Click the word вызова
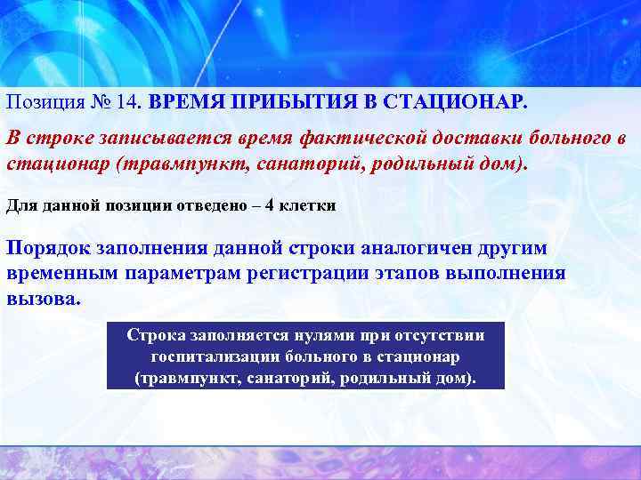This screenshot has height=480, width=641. (43, 297)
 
